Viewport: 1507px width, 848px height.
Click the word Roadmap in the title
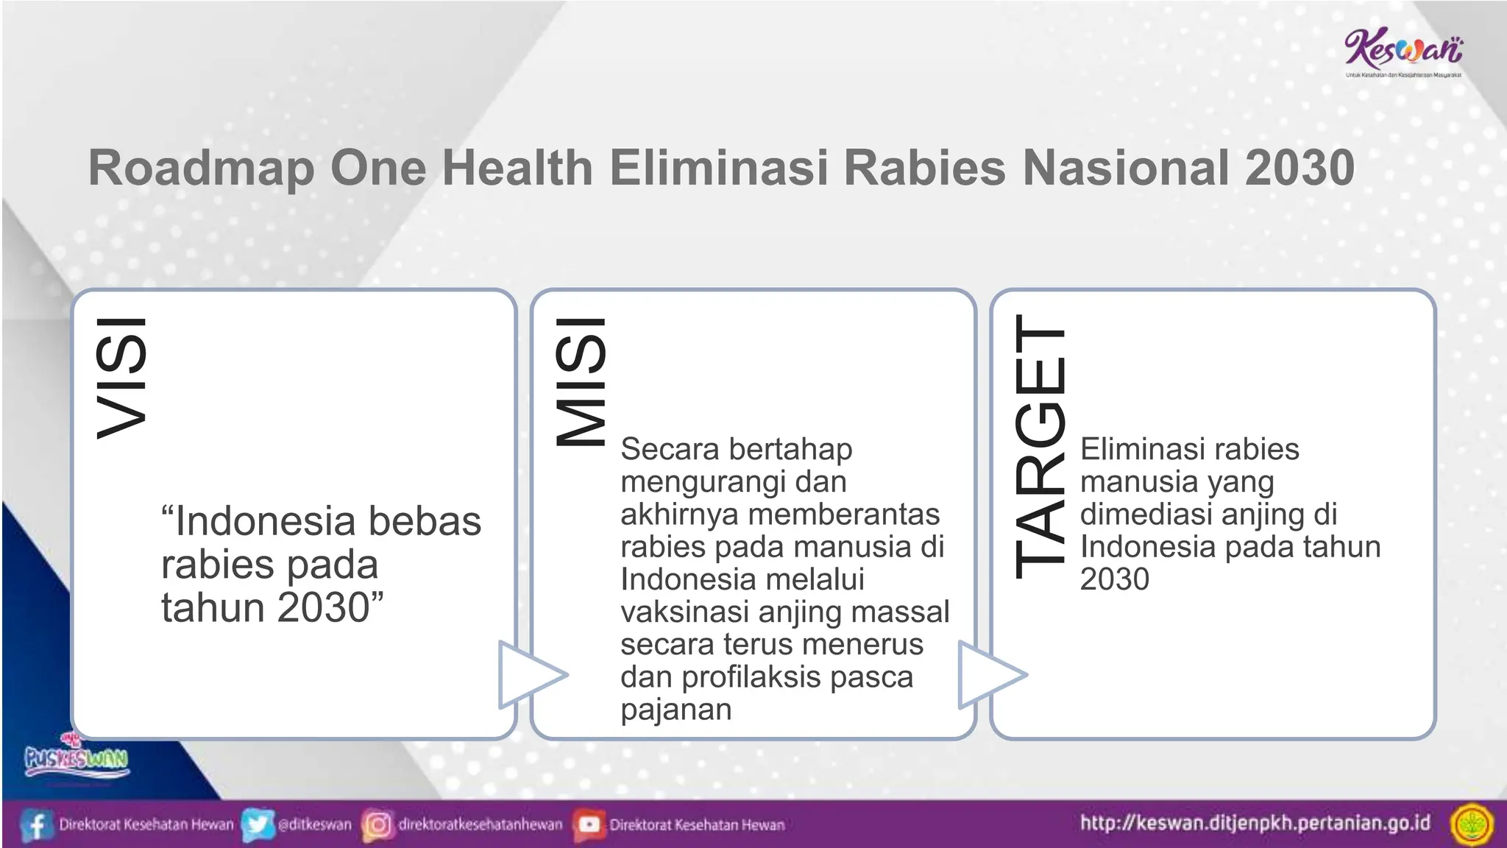click(201, 169)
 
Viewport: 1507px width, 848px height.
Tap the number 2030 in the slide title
click(1299, 167)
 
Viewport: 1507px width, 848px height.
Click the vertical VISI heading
click(122, 378)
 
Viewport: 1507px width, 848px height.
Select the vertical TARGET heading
click(1040, 446)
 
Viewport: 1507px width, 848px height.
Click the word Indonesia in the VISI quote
click(264, 521)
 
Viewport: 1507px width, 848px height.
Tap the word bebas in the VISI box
click(425, 521)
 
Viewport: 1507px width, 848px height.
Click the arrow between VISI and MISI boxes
click(528, 674)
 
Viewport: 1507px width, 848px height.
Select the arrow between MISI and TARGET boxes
click(988, 674)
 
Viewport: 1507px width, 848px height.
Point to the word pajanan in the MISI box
click(676, 710)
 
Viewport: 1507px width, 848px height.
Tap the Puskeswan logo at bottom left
click(77, 757)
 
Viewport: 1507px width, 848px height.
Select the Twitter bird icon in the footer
click(258, 824)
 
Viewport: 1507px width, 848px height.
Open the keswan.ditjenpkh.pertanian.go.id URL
click(1255, 823)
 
